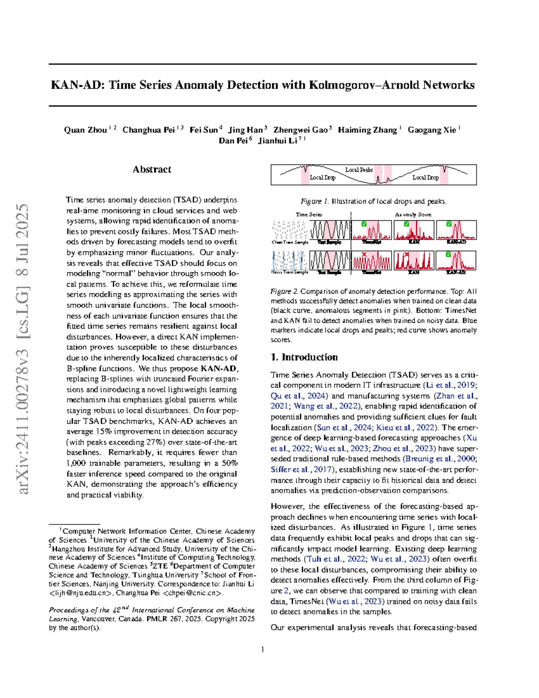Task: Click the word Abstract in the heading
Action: [x=152, y=169]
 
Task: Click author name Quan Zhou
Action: [x=85, y=130]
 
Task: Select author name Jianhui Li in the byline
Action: [x=278, y=141]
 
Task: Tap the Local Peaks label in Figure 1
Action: [x=359, y=170]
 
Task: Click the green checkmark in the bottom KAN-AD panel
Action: [x=449, y=255]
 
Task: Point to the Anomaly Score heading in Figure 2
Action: [x=413, y=214]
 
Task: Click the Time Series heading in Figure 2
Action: [x=309, y=214]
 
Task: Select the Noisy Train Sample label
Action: [x=290, y=272]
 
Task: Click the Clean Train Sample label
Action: [x=290, y=242]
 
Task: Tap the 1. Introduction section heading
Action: [x=304, y=357]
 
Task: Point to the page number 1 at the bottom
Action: [x=262, y=649]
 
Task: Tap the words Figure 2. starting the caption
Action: [x=284, y=292]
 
